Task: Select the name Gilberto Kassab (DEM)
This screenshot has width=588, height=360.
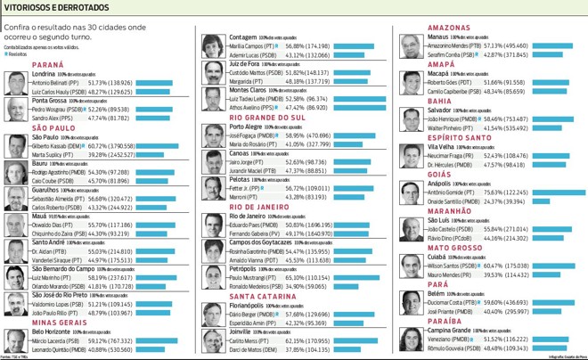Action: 59,144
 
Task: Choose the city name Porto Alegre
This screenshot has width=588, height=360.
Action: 252,127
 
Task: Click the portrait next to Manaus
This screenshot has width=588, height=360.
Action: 411,47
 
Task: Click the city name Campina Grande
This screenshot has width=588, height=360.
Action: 454,330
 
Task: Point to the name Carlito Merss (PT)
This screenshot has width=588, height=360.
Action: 249,340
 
